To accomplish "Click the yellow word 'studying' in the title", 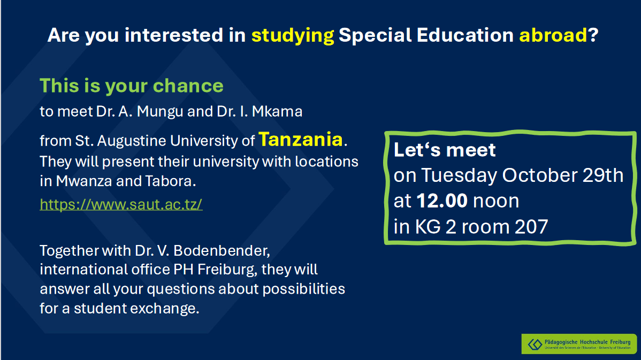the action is point(292,36).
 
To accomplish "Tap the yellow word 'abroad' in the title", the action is point(553,35).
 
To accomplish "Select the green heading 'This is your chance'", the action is point(132,86).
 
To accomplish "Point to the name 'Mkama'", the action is point(277,112).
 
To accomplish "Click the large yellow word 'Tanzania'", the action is point(301,139).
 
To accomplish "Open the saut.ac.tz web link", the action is point(121,204).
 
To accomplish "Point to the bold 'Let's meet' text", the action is point(445,150).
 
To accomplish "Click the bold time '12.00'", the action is point(442,201).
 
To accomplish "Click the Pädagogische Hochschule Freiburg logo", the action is point(579,344).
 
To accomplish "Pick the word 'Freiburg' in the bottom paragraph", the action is point(226,270).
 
